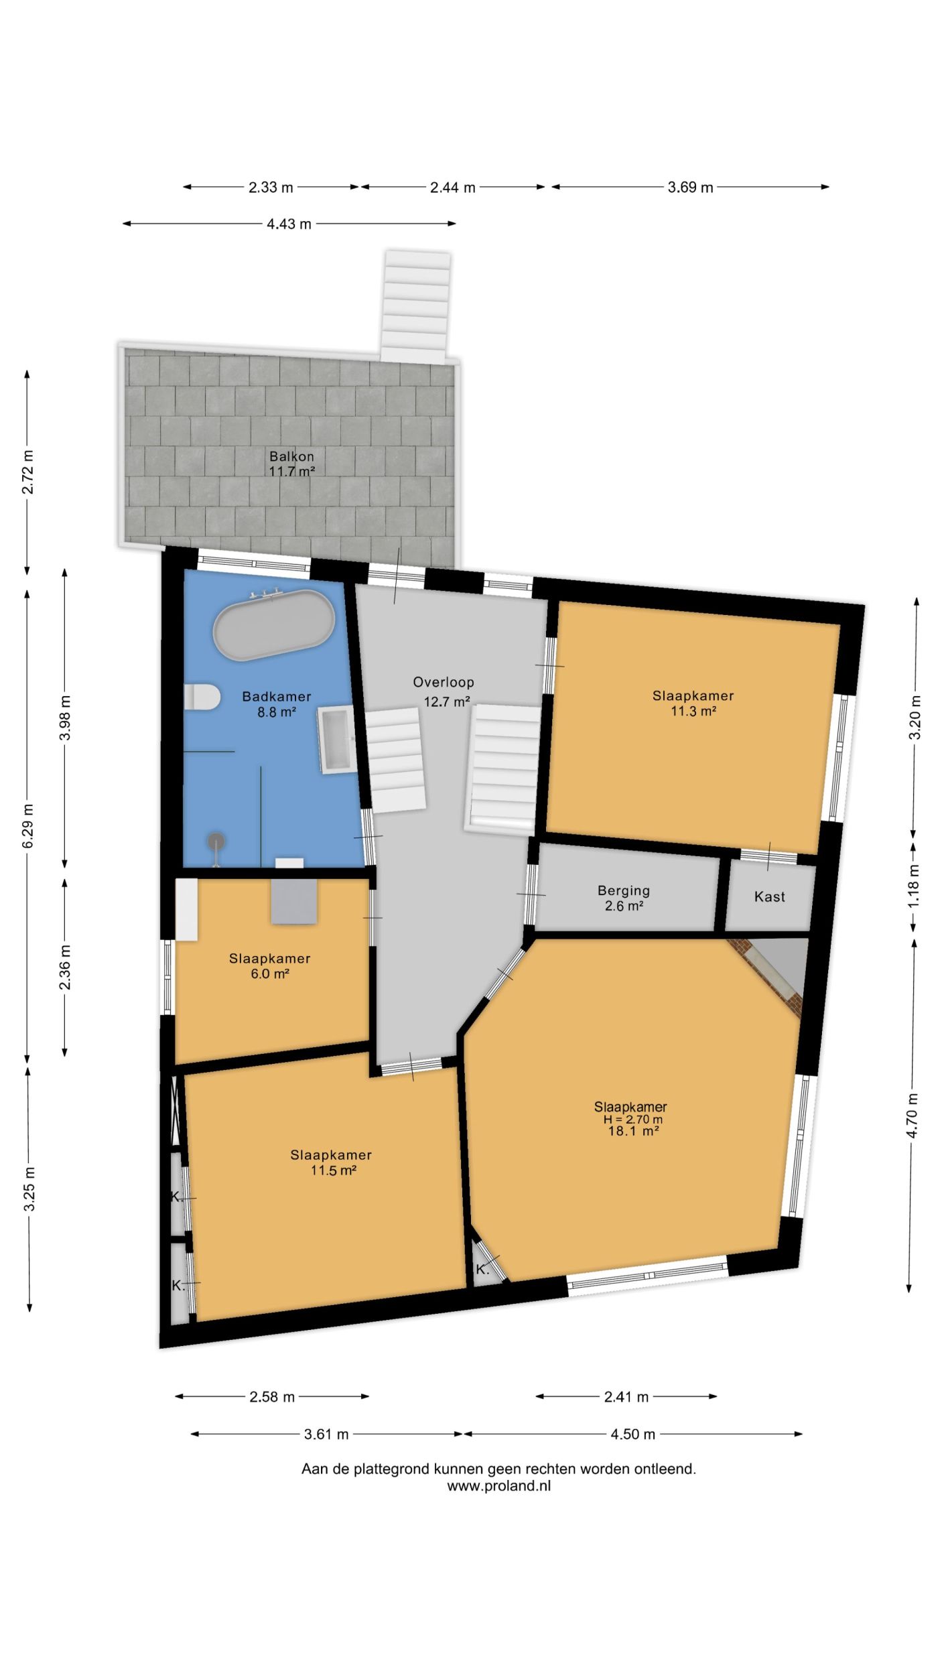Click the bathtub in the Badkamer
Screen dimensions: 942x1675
[273, 625]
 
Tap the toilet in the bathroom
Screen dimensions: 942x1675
[202, 697]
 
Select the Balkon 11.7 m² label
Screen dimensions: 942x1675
[291, 464]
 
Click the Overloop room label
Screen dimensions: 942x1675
[444, 682]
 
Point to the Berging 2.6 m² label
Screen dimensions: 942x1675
[624, 898]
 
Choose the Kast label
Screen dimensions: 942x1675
[769, 896]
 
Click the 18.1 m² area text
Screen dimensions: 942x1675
[633, 1130]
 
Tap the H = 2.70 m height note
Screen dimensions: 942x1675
[633, 1119]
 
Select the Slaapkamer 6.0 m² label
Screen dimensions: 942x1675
[269, 965]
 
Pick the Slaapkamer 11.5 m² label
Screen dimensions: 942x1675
[331, 1162]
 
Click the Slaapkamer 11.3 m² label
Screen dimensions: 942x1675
[693, 703]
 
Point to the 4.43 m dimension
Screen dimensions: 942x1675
[289, 224]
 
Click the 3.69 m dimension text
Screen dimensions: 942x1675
[690, 188]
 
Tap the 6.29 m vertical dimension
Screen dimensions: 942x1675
[27, 825]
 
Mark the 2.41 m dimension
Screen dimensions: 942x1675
[626, 1396]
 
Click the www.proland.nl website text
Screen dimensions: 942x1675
[499, 1485]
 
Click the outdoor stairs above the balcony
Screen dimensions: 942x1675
[415, 307]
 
